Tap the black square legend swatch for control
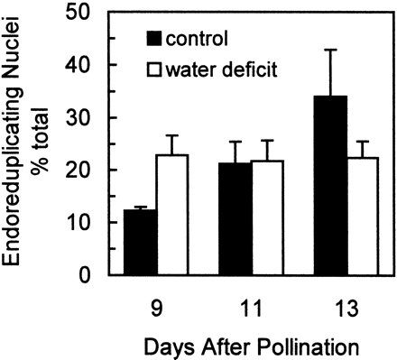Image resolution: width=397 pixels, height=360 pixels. [x=155, y=40]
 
